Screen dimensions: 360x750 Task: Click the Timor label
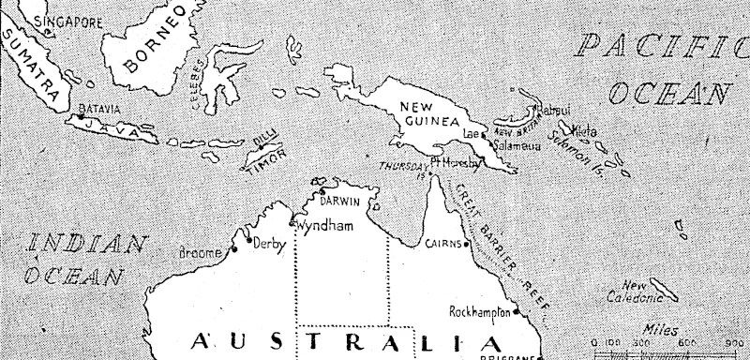pos(264,163)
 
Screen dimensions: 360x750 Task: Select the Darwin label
pos(340,201)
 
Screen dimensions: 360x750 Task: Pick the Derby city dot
pos(248,241)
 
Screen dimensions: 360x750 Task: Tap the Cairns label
pos(443,244)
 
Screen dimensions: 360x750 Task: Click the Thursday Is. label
pos(403,167)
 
